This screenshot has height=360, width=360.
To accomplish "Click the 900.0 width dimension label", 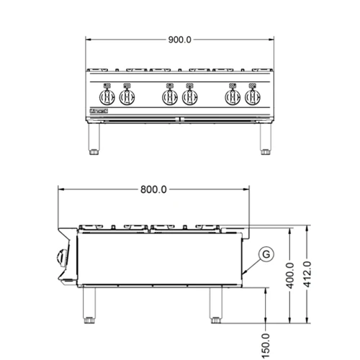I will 179,40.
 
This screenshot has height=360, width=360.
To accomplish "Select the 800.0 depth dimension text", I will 153,190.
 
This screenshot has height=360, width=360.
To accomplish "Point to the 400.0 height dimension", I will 289,274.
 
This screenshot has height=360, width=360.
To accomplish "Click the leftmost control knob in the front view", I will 107,96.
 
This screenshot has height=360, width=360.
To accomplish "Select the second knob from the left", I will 127,96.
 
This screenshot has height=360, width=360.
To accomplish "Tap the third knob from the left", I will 169,96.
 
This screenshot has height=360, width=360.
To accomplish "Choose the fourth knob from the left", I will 190,96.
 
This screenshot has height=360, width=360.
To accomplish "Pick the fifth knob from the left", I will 233,96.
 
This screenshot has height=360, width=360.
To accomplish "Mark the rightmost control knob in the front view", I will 253,96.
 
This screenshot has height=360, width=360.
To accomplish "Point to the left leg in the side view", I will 89,306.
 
